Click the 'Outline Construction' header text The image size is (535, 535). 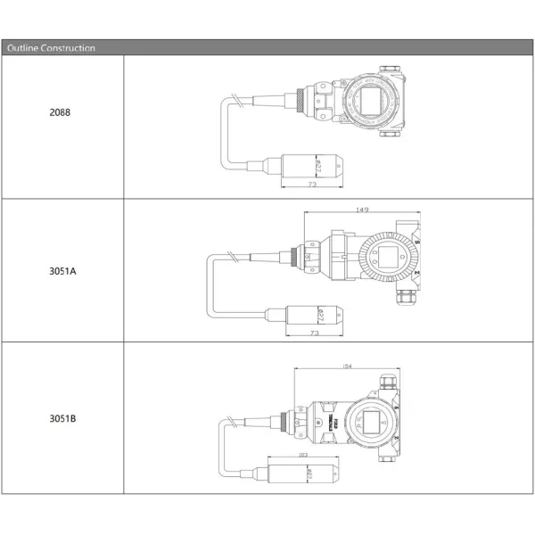pos(51,48)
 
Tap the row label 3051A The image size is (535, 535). pos(62,269)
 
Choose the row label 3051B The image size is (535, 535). pos(62,417)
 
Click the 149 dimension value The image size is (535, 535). pos(362,210)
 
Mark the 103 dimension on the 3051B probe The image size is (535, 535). pos(303,455)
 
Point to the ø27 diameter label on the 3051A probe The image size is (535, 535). pos(318,315)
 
